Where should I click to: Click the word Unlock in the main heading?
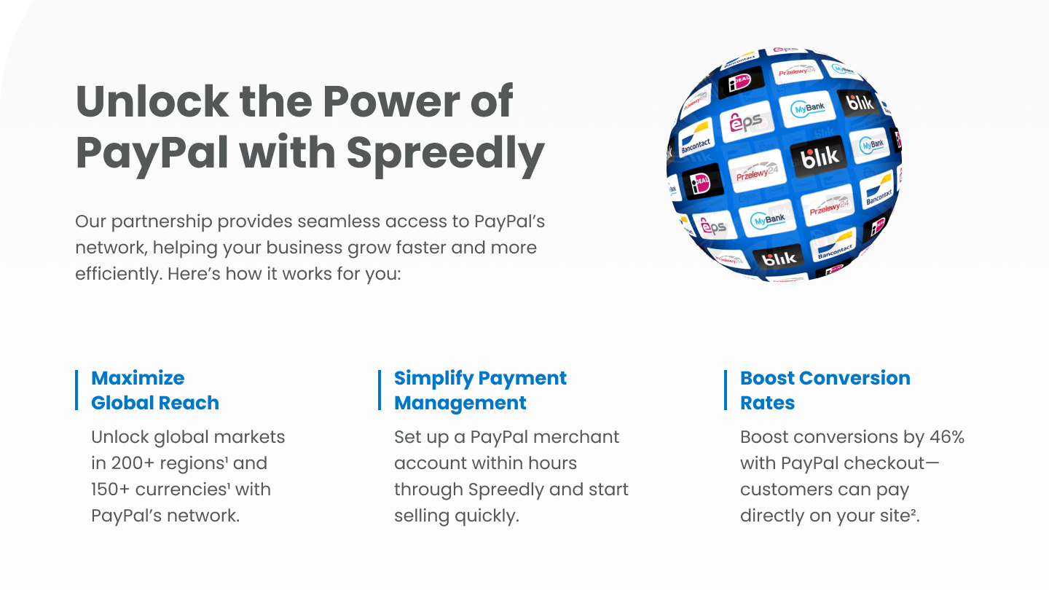pos(152,101)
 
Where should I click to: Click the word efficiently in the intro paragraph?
pos(119,274)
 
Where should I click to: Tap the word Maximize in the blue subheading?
pos(138,378)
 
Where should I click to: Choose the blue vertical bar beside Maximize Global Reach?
pos(76,390)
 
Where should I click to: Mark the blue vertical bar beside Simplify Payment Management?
pos(380,390)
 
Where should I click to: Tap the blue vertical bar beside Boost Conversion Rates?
pos(726,390)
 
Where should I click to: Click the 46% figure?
pos(947,437)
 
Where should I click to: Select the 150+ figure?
pos(110,489)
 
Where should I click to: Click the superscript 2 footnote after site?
pos(914,511)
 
